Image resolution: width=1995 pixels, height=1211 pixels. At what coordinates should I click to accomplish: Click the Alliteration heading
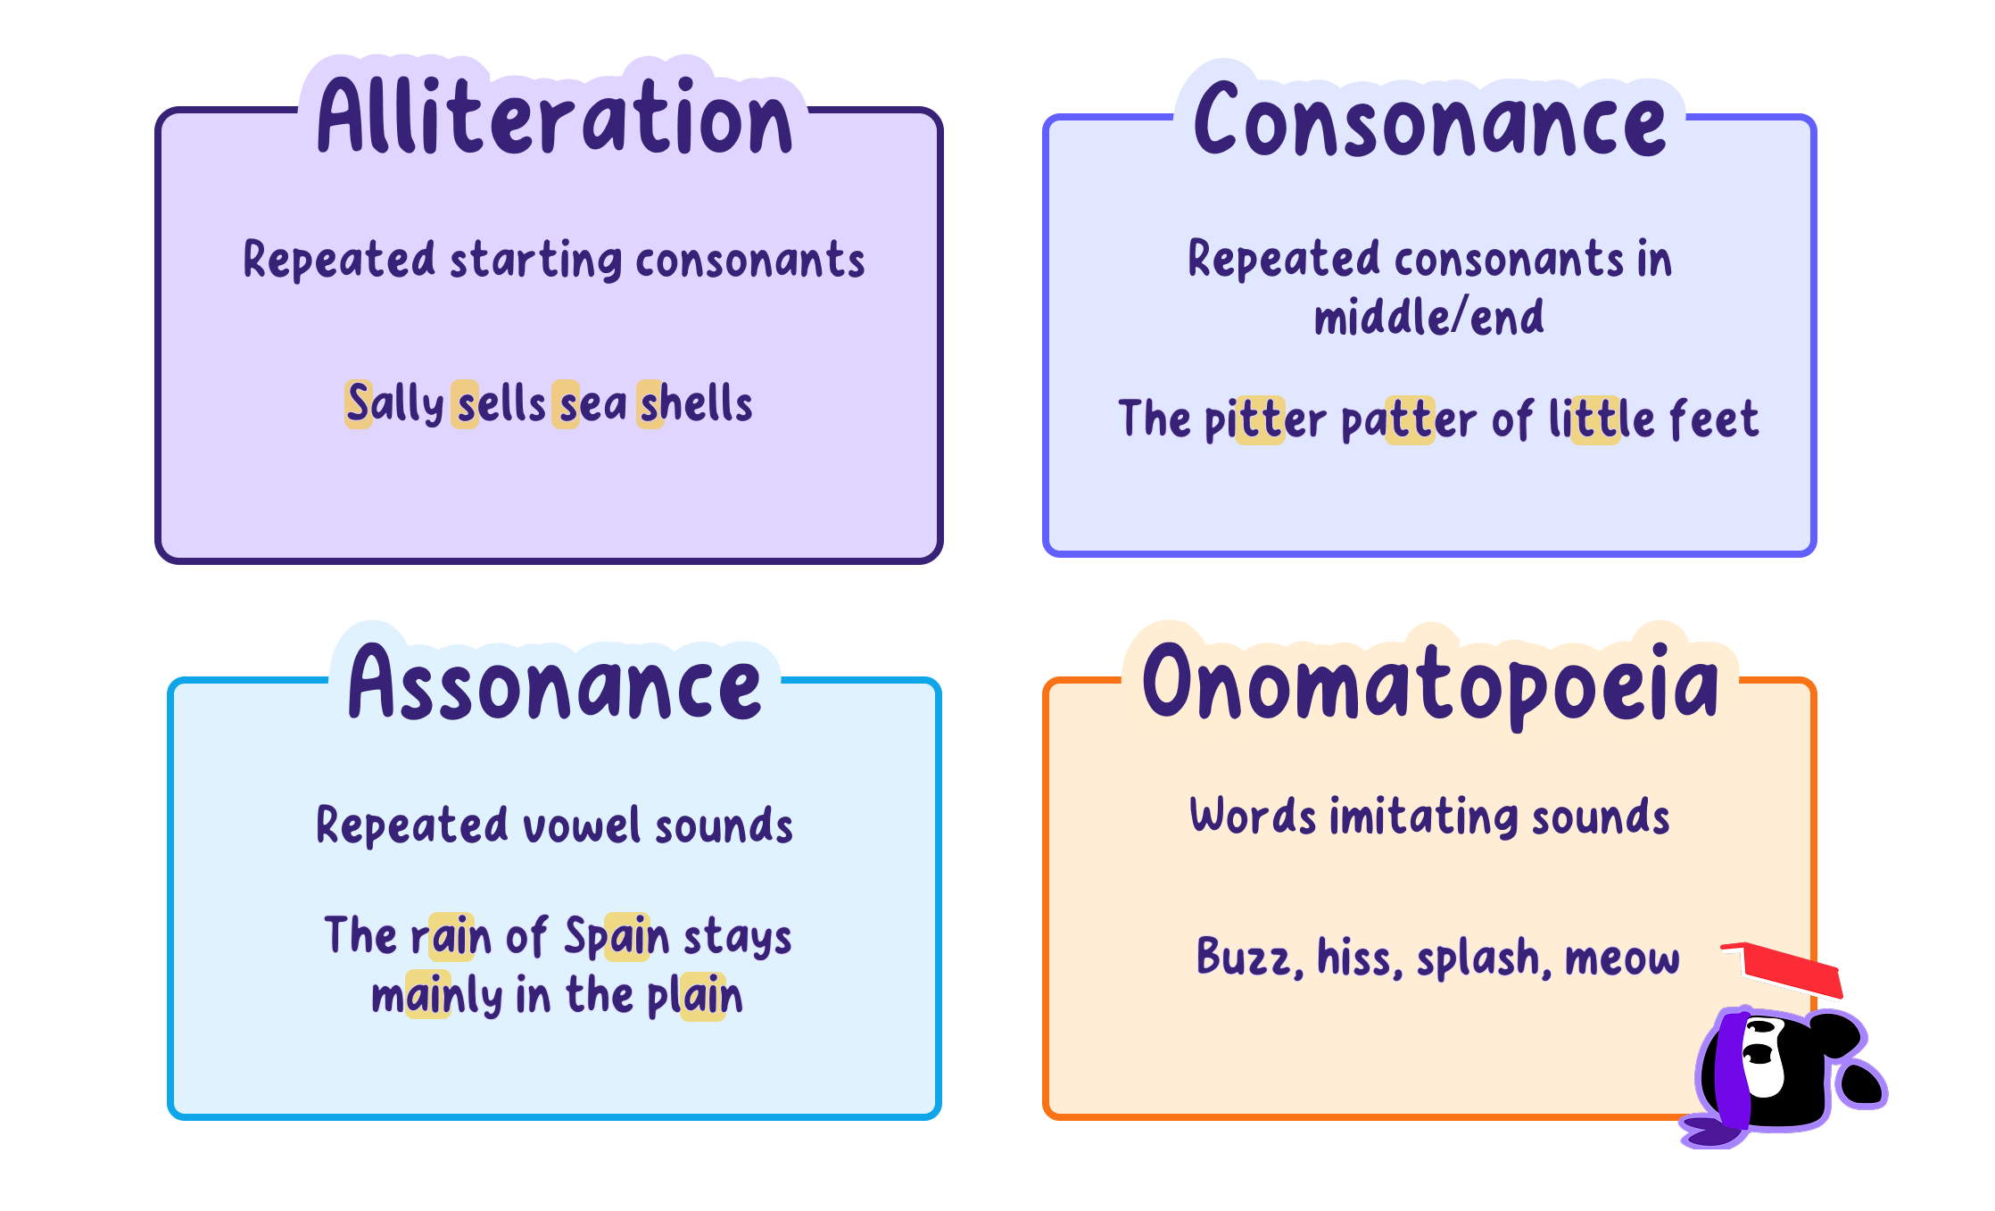coord(555,116)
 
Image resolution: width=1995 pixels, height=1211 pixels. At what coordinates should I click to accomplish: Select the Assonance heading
coord(555,683)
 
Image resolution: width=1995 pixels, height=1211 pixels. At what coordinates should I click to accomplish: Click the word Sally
coord(395,403)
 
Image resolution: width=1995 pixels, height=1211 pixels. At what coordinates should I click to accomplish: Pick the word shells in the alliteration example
coord(697,403)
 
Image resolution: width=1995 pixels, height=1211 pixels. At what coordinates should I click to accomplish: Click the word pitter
coord(1265,419)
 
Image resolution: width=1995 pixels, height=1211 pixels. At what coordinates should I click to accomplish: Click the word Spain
coord(617,937)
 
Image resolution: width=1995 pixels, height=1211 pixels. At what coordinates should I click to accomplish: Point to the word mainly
coord(437,996)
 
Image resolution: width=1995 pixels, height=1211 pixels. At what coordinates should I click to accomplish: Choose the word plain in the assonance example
coord(695,996)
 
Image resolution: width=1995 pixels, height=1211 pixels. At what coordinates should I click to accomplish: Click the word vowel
coord(582,825)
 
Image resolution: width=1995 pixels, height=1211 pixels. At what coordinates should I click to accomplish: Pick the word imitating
coord(1424,817)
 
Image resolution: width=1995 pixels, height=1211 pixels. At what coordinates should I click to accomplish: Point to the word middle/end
coord(1428,317)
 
